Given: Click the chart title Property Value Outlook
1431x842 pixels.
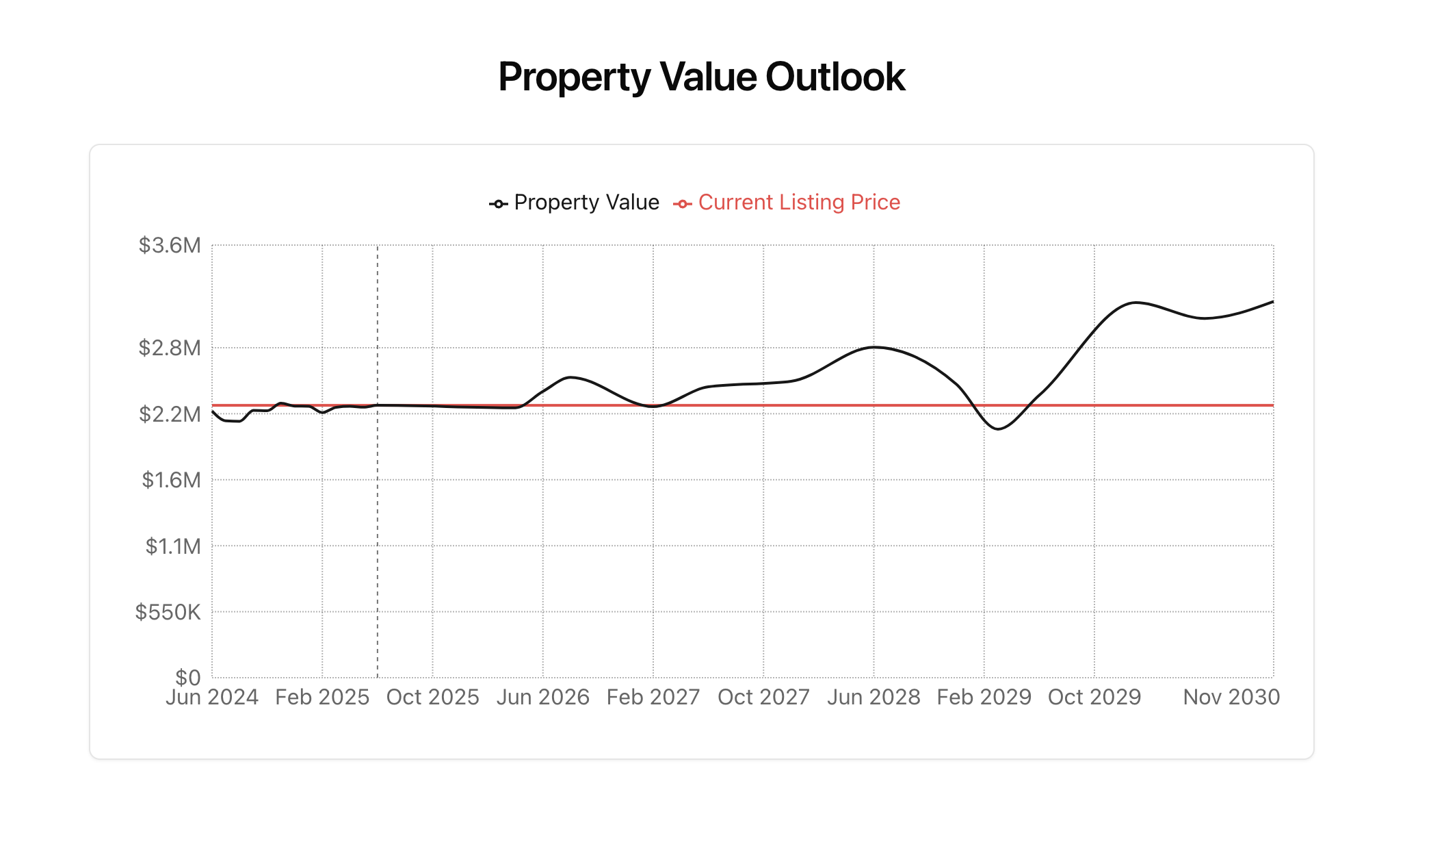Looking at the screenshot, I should [701, 77].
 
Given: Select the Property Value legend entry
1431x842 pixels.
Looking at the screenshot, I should [575, 203].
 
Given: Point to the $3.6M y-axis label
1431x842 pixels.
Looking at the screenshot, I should [170, 245].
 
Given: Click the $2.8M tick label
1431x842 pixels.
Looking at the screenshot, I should [170, 348].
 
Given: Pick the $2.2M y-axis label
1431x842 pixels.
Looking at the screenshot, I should [170, 414].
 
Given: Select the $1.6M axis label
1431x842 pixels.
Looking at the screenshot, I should [171, 480].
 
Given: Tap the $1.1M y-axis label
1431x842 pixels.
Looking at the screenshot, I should [173, 546].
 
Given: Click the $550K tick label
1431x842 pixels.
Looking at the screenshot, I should [168, 612].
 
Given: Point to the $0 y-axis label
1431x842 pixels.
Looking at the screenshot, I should [188, 677].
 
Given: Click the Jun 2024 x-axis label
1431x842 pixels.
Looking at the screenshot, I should [212, 697].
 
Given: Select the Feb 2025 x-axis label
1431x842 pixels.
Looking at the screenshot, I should [322, 697].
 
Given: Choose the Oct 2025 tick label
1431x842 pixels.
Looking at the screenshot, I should [432, 697].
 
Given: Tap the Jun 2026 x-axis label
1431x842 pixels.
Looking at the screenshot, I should [543, 697].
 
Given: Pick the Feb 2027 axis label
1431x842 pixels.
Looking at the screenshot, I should [653, 697].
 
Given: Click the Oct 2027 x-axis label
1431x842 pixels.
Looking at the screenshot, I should [763, 697].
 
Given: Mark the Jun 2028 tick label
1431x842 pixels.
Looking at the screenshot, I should [874, 697].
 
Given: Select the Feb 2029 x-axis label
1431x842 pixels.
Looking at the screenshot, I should [984, 697].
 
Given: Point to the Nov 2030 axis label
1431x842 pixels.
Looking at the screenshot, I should [1231, 697].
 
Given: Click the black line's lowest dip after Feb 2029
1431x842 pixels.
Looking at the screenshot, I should [999, 429].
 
